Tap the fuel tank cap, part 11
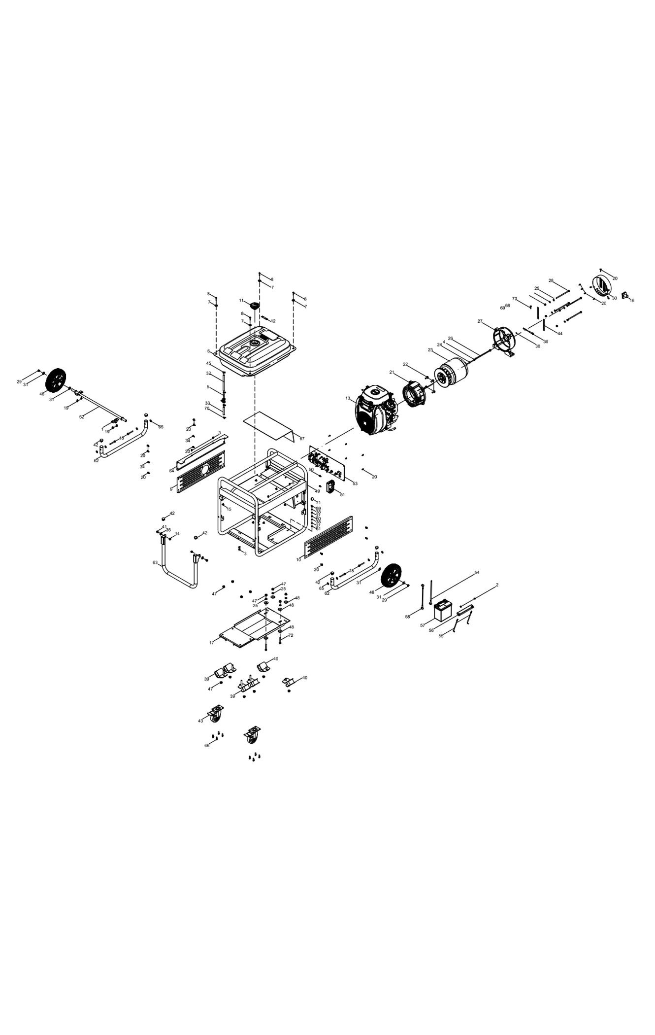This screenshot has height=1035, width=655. tap(255, 305)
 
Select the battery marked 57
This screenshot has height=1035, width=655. tap(443, 611)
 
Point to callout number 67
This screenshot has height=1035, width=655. tap(302, 438)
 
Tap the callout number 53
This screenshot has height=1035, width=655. tap(355, 483)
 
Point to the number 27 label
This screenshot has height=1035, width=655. tap(480, 321)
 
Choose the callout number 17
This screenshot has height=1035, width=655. tap(211, 643)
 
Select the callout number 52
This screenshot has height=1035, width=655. tap(82, 416)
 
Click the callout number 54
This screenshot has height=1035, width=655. tap(477, 572)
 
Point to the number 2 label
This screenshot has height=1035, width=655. tap(497, 585)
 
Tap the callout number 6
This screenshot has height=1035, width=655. tap(208, 351)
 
